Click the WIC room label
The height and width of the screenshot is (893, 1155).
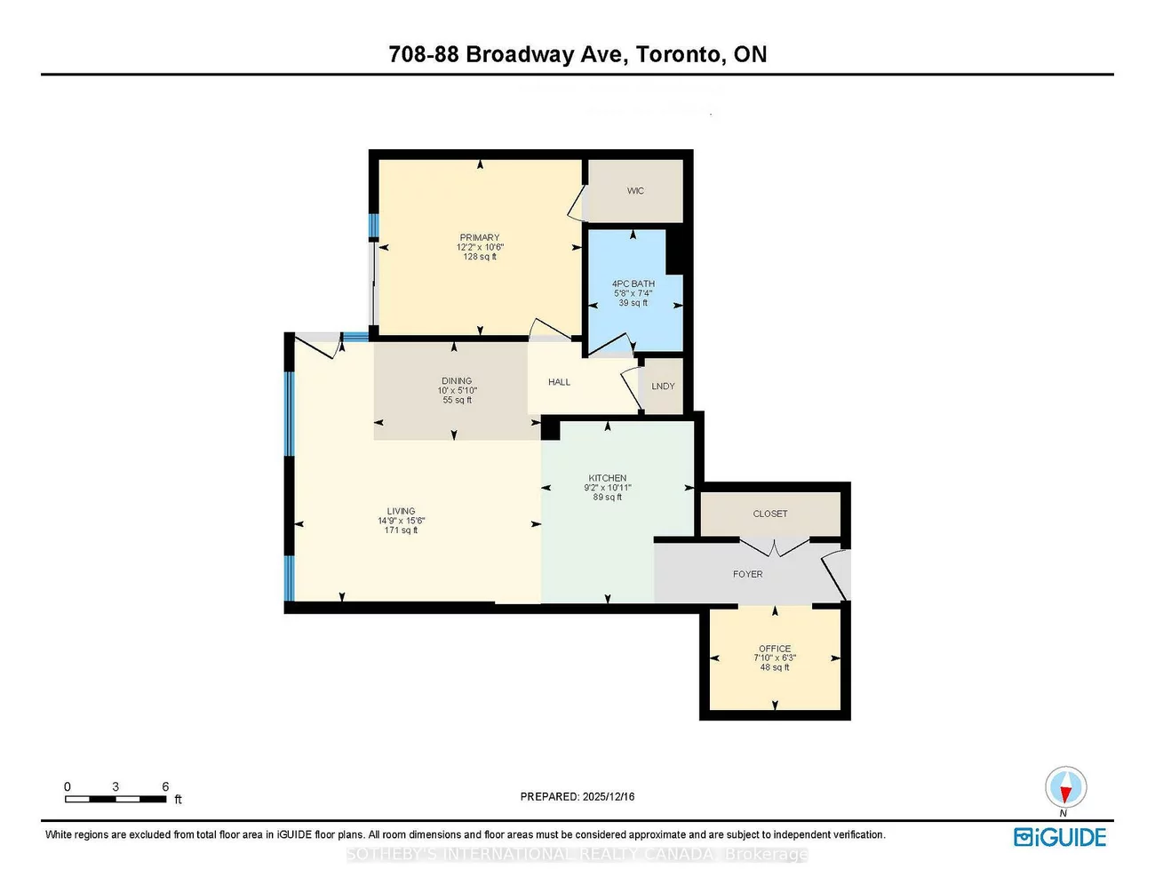click(635, 191)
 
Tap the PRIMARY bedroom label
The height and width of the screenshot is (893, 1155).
click(480, 237)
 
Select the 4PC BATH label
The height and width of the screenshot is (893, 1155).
click(633, 283)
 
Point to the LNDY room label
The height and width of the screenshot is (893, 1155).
click(663, 387)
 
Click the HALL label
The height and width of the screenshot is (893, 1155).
click(559, 382)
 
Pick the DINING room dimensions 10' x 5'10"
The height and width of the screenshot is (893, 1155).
click(457, 391)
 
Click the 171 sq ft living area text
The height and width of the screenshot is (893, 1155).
click(401, 530)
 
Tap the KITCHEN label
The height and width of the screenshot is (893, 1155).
click(608, 478)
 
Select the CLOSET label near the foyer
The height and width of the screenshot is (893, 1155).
click(770, 514)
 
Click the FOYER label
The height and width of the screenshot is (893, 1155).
click(748, 574)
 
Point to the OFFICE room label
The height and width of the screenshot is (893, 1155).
click(775, 649)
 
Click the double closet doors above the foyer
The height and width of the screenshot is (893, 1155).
click(775, 546)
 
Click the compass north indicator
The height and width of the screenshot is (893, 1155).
click(1063, 789)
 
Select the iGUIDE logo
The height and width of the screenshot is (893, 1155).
click(1060, 837)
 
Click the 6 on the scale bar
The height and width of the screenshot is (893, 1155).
click(165, 786)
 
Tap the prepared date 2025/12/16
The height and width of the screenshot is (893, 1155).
click(609, 797)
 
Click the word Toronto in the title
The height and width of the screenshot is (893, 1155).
click(680, 54)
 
